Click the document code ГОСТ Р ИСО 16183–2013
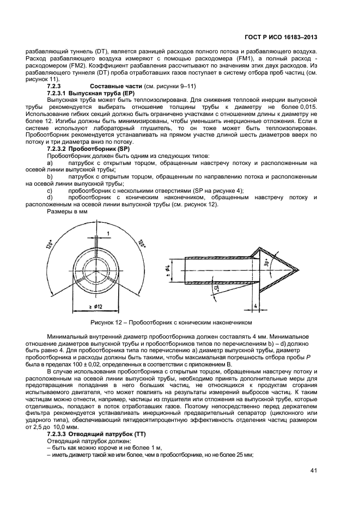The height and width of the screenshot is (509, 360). tap(285, 37)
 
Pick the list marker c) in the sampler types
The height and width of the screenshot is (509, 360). tap(50, 191)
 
